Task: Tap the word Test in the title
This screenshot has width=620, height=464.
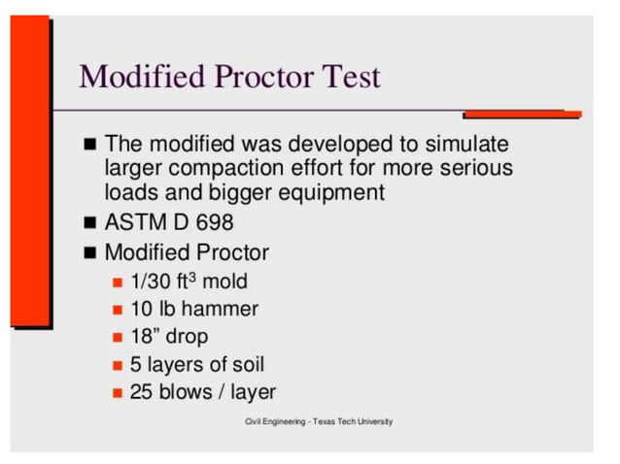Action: (x=350, y=76)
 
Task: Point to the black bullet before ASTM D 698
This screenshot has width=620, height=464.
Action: (x=89, y=222)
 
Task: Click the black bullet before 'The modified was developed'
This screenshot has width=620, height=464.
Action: (x=89, y=145)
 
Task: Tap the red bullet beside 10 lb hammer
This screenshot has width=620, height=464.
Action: (x=117, y=310)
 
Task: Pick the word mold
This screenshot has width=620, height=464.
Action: (x=224, y=282)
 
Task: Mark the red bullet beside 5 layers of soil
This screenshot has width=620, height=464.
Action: (x=117, y=366)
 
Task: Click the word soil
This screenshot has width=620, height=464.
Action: (x=244, y=365)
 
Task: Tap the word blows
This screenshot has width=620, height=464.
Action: (x=184, y=392)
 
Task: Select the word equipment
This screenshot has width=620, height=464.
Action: (x=331, y=192)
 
